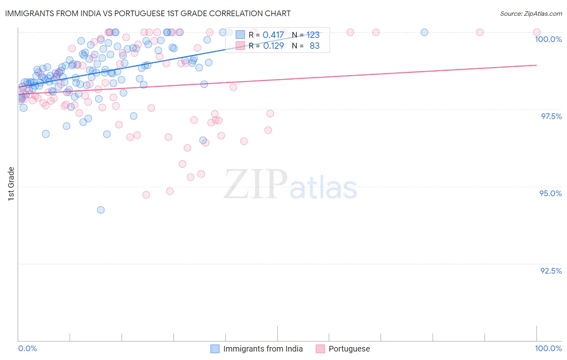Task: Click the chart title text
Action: [148, 13]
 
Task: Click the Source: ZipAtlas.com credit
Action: [531, 13]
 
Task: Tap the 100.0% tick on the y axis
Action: [548, 39]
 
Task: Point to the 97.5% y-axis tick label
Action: [551, 116]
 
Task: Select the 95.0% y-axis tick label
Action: [550, 193]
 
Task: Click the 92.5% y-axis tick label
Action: [551, 271]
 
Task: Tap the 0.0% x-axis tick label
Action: [27, 348]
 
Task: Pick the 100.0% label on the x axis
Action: [548, 348]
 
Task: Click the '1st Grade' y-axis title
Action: [11, 184]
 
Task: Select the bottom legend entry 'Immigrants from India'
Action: [263, 349]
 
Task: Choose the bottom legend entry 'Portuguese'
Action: [349, 349]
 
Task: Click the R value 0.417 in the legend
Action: [273, 35]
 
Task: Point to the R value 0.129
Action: [273, 46]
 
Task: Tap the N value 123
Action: [313, 35]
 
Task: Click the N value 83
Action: [315, 46]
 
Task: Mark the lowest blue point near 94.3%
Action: [101, 210]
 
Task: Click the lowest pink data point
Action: [146, 195]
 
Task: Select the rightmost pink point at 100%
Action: [536, 32]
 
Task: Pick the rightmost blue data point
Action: [424, 32]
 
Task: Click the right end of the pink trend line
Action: [536, 65]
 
